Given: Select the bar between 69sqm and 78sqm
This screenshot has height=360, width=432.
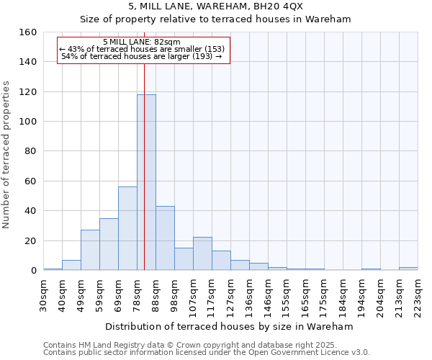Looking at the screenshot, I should pyautogui.click(x=127, y=228).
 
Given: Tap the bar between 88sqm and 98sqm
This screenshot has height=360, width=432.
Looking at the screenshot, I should pyautogui.click(x=165, y=238).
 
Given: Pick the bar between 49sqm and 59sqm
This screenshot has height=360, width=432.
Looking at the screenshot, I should pyautogui.click(x=90, y=250).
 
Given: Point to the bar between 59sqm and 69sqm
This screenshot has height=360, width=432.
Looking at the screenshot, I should pyautogui.click(x=109, y=244).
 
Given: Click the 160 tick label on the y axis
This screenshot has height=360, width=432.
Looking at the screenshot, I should pyautogui.click(x=28, y=32).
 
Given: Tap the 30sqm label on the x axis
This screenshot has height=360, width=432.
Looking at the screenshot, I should pyautogui.click(x=43, y=295).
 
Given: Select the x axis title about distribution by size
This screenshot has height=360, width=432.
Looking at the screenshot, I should pyautogui.click(x=229, y=326).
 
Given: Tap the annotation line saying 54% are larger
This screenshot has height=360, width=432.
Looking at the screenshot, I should pyautogui.click(x=142, y=56).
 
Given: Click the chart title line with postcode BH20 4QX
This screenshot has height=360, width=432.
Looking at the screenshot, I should pyautogui.click(x=215, y=6).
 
